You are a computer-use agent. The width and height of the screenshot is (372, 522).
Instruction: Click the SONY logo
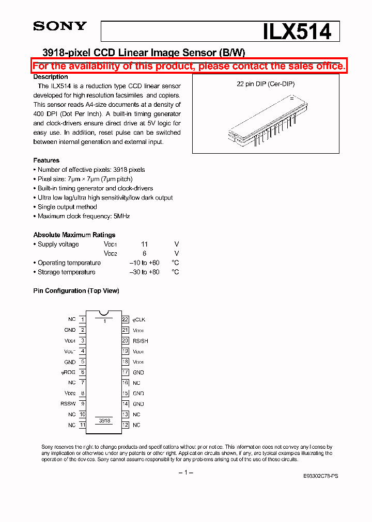point(59,26)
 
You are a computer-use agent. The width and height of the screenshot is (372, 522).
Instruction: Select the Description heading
point(50,77)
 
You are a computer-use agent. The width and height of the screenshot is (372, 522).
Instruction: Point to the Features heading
point(47,160)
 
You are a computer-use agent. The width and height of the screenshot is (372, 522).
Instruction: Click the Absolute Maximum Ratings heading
point(74,235)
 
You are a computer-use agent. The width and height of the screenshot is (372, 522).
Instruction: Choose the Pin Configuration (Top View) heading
point(76,291)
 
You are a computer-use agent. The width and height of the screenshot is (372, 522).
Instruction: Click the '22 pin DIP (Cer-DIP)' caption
point(266,84)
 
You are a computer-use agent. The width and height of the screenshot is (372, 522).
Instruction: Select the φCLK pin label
point(139,320)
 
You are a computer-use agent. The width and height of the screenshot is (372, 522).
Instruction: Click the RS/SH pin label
point(141,341)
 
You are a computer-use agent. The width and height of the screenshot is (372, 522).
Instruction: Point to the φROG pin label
point(68,372)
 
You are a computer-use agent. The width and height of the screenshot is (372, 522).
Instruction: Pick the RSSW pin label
point(68,404)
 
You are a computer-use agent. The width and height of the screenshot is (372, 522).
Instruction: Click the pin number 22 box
point(125,320)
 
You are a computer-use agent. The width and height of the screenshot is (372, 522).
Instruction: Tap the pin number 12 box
point(125,425)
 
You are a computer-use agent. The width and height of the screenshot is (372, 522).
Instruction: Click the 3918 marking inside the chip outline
point(104,421)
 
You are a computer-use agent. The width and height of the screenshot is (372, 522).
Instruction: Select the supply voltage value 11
point(145,244)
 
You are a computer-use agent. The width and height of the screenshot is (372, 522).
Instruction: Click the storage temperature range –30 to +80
point(144,272)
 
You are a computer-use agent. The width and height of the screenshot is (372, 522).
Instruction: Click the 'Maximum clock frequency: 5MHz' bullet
point(83,216)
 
